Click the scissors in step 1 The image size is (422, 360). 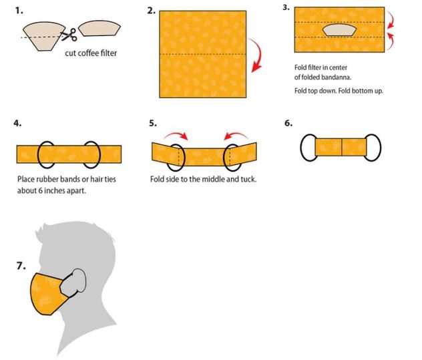pos(69,35)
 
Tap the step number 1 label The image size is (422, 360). pos(19,11)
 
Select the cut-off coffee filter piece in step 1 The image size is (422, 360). pos(99,28)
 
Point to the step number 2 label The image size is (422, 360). pos(152,11)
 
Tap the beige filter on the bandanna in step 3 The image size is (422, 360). pos(339,30)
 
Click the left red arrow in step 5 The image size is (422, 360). pos(176,134)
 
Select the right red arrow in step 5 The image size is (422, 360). pos(236,134)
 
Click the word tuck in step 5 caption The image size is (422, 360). pos(248,179)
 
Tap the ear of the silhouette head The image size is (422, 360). pos(79,281)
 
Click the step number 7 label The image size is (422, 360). pos(21,266)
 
